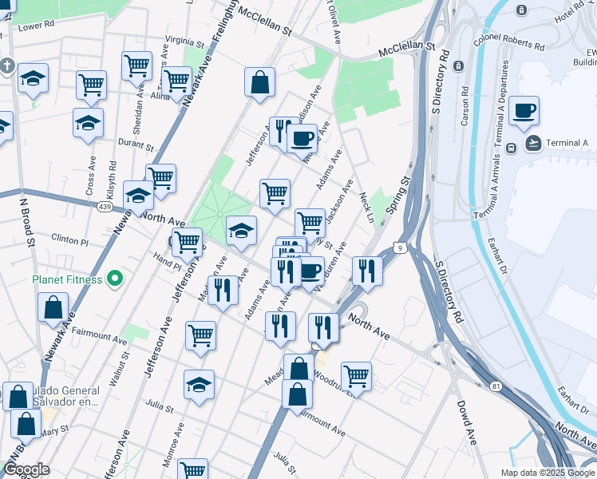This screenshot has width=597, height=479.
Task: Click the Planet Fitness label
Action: (x=67, y=279)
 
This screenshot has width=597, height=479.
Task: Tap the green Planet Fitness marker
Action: (x=116, y=279)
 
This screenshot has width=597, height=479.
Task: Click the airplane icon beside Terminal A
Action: (x=533, y=144)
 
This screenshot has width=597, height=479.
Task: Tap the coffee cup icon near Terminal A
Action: (x=524, y=110)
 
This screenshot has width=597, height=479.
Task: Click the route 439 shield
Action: (x=105, y=206)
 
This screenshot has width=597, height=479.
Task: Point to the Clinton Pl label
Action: (x=68, y=239)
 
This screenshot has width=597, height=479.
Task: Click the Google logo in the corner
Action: (x=26, y=470)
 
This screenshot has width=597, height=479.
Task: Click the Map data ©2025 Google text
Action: (x=547, y=473)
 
